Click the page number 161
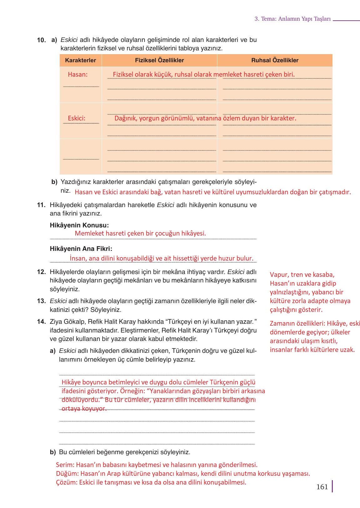tap(322, 487)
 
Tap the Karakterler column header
tap(80, 60)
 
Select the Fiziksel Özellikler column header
tap(159, 60)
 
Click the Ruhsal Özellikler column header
tap(275, 60)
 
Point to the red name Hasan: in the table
tap(78, 74)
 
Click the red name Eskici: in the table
tap(77, 118)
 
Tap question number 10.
tap(42, 40)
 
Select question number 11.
tap(42, 205)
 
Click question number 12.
tap(42, 272)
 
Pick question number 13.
tap(42, 301)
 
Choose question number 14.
tap(42, 322)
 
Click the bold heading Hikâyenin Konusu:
tap(79, 225)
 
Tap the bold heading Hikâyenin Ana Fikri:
tap(81, 249)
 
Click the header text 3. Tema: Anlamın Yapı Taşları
tap(292, 19)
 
